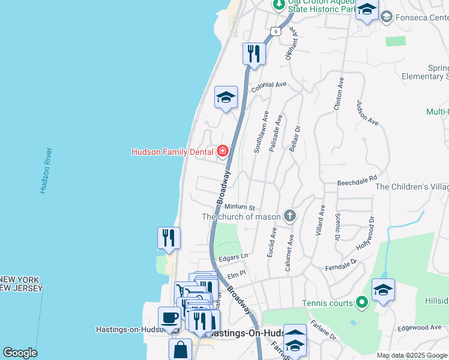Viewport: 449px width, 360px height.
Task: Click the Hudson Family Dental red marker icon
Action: pyautogui.click(x=223, y=151)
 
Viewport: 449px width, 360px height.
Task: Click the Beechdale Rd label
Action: pyautogui.click(x=357, y=178)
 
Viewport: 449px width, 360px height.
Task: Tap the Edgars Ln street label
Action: pyautogui.click(x=233, y=257)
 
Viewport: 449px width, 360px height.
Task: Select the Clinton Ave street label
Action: pyautogui.click(x=340, y=93)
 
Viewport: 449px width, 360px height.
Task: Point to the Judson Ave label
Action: pyautogui.click(x=367, y=112)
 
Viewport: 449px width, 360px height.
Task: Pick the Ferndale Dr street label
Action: pyautogui.click(x=341, y=264)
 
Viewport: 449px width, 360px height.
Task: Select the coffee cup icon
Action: pyautogui.click(x=169, y=317)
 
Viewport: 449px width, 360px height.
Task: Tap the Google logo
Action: pyautogui.click(x=20, y=353)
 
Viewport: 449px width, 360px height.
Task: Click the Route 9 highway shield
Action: pyautogui.click(x=274, y=31)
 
